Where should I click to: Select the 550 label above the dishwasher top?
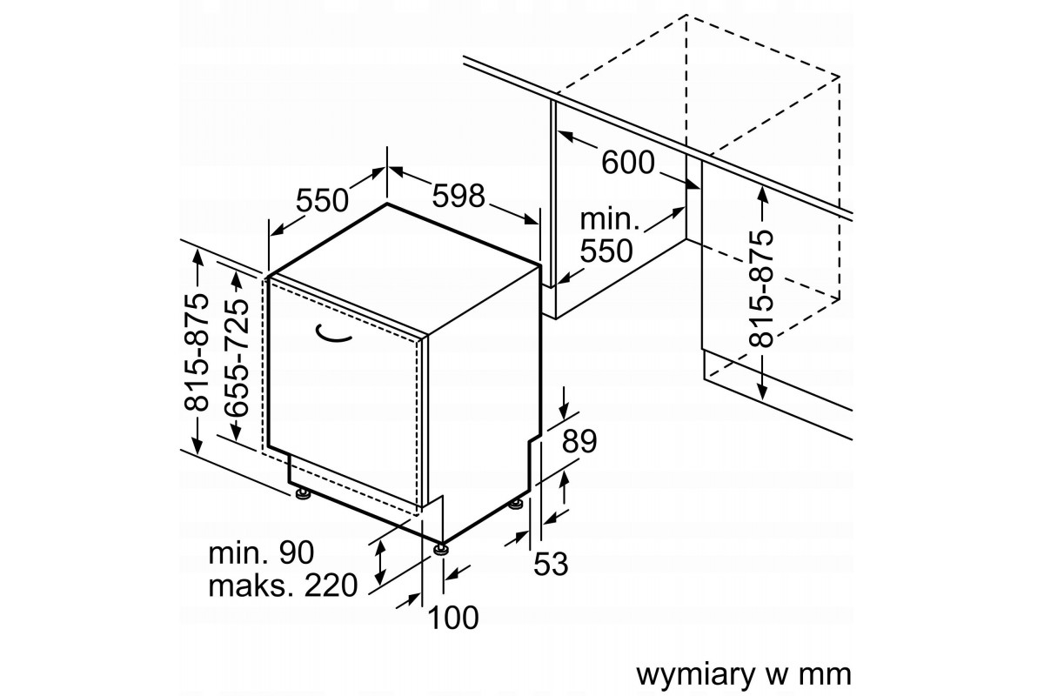[x=322, y=200]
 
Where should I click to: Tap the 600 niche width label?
[x=626, y=162]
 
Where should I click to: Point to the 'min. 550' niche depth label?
[x=610, y=235]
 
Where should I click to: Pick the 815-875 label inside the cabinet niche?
[x=763, y=288]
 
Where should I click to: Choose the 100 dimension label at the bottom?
[x=453, y=618]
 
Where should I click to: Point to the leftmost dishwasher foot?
[x=302, y=494]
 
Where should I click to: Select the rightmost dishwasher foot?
[x=516, y=504]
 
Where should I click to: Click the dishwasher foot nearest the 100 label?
[x=442, y=548]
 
